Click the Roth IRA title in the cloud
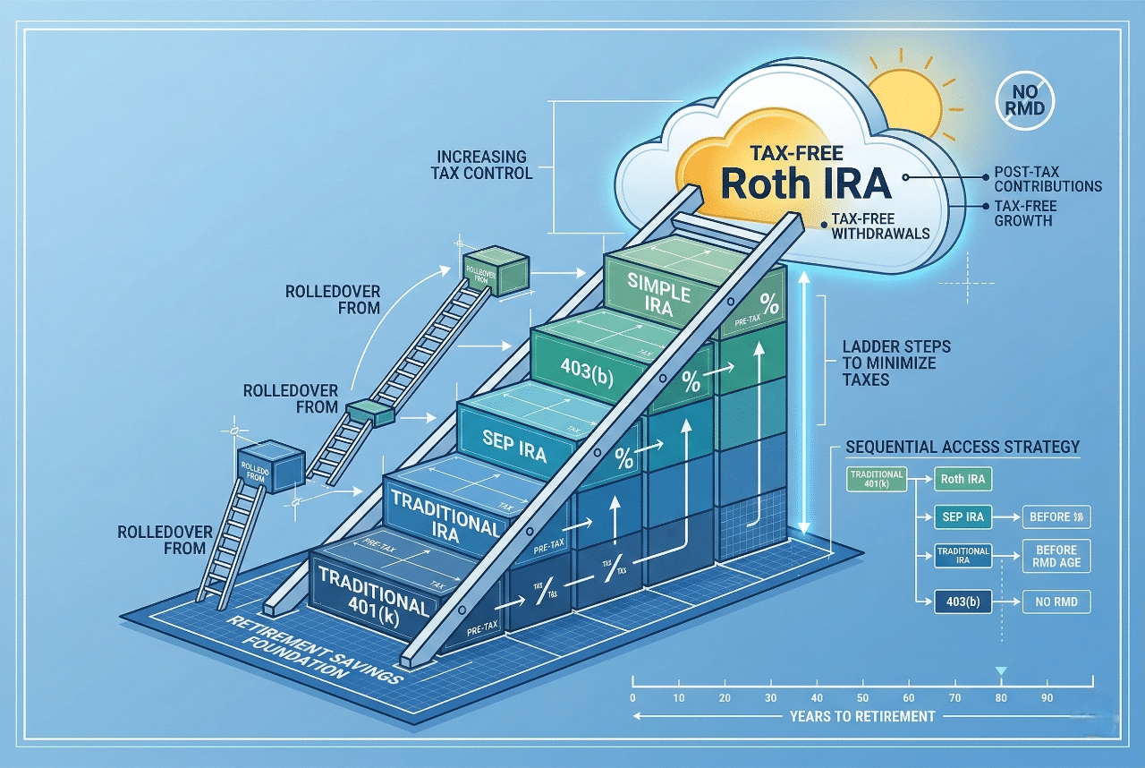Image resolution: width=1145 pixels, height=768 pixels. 805,182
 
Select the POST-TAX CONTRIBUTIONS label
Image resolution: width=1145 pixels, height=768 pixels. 1047,179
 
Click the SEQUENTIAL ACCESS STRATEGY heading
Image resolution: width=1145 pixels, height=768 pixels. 963,447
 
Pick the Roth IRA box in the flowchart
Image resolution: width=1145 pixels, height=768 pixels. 963,479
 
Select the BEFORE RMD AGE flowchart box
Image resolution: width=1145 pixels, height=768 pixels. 1056,556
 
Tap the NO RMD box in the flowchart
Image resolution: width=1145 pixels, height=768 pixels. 1056,602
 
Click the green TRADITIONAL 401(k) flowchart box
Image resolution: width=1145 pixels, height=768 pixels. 876,479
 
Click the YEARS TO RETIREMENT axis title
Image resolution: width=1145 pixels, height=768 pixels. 862,716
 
